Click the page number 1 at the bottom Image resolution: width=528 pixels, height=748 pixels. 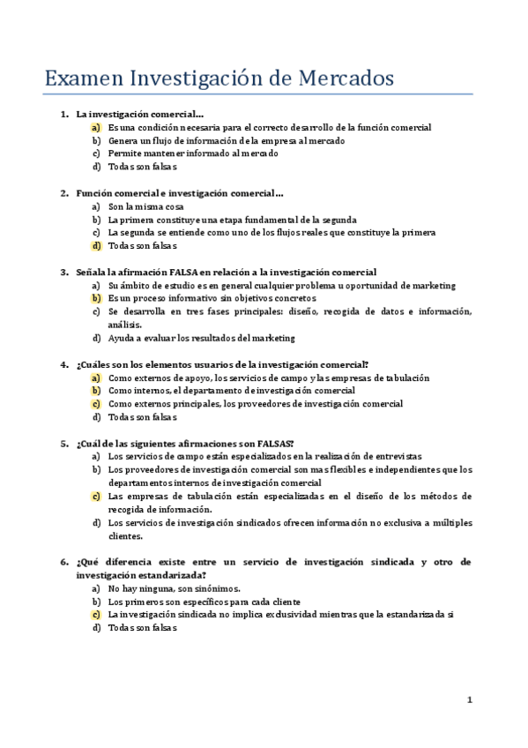470,699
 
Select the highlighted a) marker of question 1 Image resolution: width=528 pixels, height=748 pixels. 96,128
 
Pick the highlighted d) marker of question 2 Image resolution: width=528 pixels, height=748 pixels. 96,246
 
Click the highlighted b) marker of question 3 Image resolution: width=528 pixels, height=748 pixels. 96,299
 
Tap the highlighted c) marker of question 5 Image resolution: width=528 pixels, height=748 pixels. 96,496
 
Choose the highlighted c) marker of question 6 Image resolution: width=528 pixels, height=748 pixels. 96,615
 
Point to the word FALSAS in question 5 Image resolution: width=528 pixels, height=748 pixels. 268,443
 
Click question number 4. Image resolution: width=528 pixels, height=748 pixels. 64,364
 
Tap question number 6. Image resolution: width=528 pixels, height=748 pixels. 64,562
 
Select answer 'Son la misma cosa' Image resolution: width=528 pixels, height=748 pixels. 146,206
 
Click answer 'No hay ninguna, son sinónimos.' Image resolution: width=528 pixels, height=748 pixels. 174,588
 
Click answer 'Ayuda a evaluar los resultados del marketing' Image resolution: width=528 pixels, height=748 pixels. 201,338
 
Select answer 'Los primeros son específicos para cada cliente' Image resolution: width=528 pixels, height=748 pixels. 205,602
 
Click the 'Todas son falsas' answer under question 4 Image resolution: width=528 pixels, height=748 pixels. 143,417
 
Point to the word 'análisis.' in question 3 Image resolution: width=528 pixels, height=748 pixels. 126,325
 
